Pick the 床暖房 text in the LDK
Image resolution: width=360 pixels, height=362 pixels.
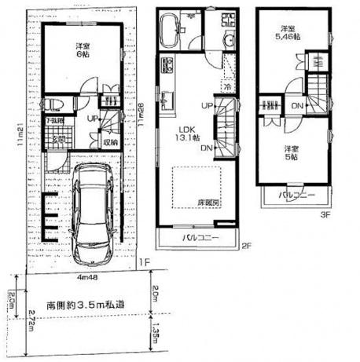[x=208, y=203]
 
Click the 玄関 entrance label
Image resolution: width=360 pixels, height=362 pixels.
[x=57, y=139]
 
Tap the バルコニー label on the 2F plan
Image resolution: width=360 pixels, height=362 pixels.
[x=200, y=236]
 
